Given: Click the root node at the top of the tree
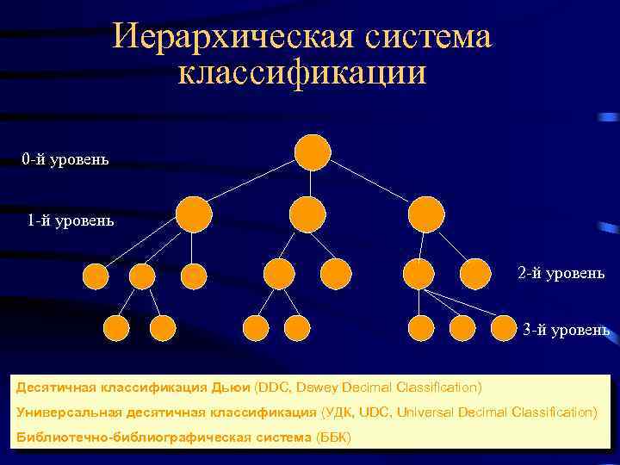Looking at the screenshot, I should click(x=312, y=152).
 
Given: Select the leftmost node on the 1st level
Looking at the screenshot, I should click(x=194, y=214).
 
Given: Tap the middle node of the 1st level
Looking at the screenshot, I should click(x=307, y=214).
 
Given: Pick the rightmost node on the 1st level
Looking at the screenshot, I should click(x=425, y=214).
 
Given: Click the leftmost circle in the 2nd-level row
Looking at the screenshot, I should click(x=95, y=276).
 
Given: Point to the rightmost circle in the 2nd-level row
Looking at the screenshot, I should click(x=474, y=274).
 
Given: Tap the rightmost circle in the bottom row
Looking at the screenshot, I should click(x=505, y=327).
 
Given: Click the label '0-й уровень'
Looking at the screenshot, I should click(x=65, y=159).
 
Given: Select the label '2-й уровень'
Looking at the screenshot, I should click(x=561, y=273).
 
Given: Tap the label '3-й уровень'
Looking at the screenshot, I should click(x=567, y=330).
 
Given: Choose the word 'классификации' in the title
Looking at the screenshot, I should click(x=301, y=72).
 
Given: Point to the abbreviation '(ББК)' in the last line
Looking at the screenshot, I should click(x=334, y=437).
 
